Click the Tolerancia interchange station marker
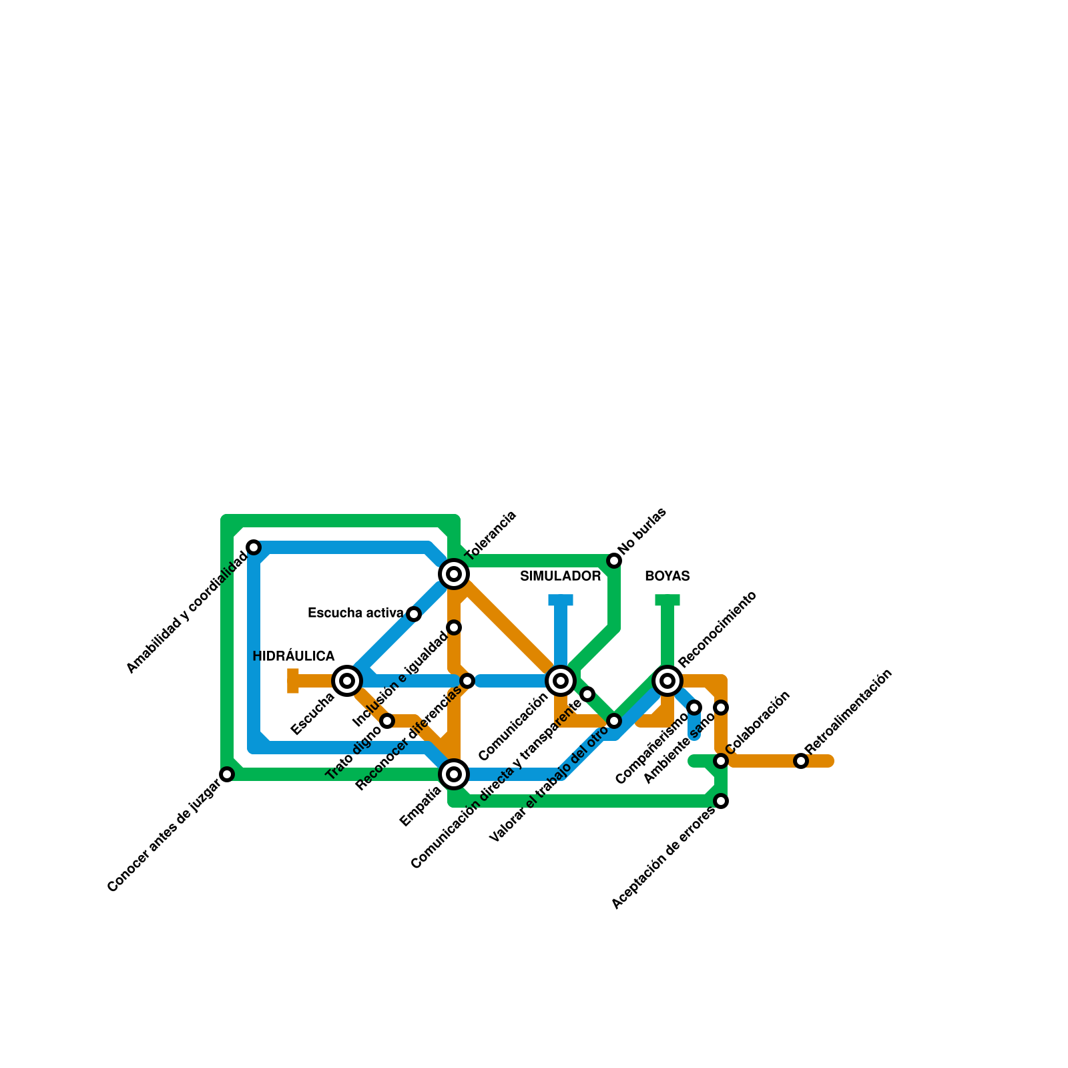(x=454, y=574)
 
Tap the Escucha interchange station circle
(x=347, y=681)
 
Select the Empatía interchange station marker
(x=454, y=774)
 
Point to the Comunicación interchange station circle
(x=561, y=681)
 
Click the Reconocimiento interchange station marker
(x=667, y=681)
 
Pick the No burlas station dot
(x=614, y=561)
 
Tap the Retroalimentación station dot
(x=801, y=761)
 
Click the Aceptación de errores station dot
(x=721, y=801)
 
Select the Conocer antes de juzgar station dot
(x=227, y=774)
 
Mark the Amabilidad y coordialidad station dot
(x=254, y=547)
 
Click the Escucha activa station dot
(x=414, y=614)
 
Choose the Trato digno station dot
(x=387, y=721)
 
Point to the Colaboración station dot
(x=721, y=761)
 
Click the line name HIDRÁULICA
(x=294, y=657)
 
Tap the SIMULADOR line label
(x=561, y=577)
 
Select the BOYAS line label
(x=667, y=577)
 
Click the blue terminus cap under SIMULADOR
(x=561, y=600)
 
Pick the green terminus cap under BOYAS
(x=667, y=600)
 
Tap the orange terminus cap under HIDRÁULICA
(x=293, y=681)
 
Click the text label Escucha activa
(x=355, y=613)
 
